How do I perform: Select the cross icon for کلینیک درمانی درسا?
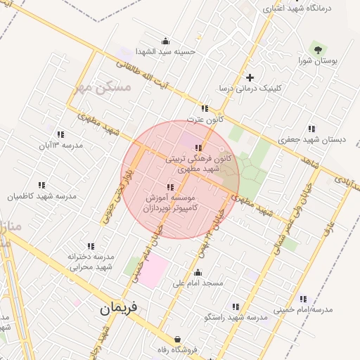249,77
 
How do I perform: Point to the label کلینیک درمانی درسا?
249,89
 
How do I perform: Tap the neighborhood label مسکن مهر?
102,88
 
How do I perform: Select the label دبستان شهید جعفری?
312,139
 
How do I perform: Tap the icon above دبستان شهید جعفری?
311,129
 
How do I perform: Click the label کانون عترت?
205,120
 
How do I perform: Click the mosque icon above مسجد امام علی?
198,273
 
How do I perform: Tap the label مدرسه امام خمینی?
303,309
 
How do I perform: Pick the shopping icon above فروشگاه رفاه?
177,339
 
